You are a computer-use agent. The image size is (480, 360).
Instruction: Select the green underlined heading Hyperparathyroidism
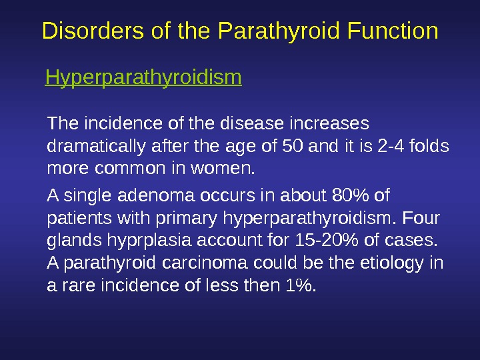click(143, 79)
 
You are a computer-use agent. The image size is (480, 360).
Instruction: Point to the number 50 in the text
click(291, 145)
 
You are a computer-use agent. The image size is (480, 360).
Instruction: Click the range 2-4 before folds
click(391, 145)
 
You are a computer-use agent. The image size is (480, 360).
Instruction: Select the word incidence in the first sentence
click(110, 124)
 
